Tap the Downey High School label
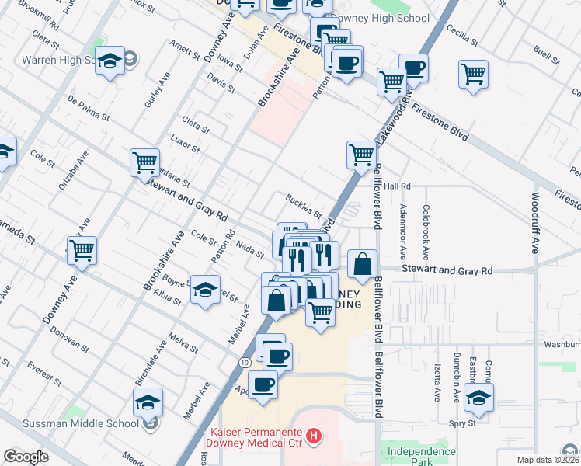pyautogui.click(x=377, y=19)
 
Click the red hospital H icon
pyautogui.click(x=314, y=437)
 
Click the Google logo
pyautogui.click(x=26, y=457)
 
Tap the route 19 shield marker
pyautogui.click(x=245, y=363)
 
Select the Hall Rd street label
pyautogui.click(x=396, y=186)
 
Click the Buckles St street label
pyautogui.click(x=303, y=207)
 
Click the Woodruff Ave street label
pyautogui.click(x=536, y=224)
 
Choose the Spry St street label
pyautogui.click(x=461, y=423)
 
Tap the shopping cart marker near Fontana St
pyautogui.click(x=145, y=162)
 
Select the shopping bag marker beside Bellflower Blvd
pyautogui.click(x=363, y=264)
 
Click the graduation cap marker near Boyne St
pyautogui.click(x=204, y=290)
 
